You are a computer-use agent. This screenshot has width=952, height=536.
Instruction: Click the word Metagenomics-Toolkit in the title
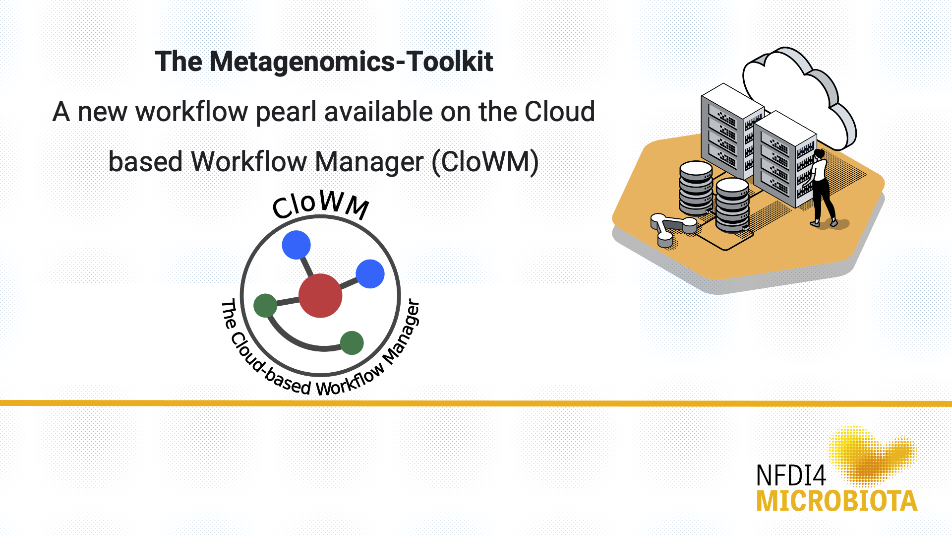351,62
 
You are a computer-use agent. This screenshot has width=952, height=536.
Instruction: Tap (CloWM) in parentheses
485,162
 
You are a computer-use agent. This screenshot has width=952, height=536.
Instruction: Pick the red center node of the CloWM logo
320,296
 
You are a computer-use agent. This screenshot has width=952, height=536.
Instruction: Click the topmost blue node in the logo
296,245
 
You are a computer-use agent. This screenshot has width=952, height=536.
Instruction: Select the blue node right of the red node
370,273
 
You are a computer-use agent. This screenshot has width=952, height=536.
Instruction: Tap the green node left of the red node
265,305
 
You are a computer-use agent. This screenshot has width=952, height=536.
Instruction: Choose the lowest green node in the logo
352,343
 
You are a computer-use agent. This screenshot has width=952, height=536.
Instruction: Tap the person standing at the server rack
821,189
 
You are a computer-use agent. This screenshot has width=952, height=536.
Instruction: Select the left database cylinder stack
696,188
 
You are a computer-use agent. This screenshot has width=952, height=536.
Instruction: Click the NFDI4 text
791,476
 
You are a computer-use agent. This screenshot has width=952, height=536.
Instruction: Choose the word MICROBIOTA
836,501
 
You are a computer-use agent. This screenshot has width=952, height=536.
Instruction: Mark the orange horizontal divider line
476,403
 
